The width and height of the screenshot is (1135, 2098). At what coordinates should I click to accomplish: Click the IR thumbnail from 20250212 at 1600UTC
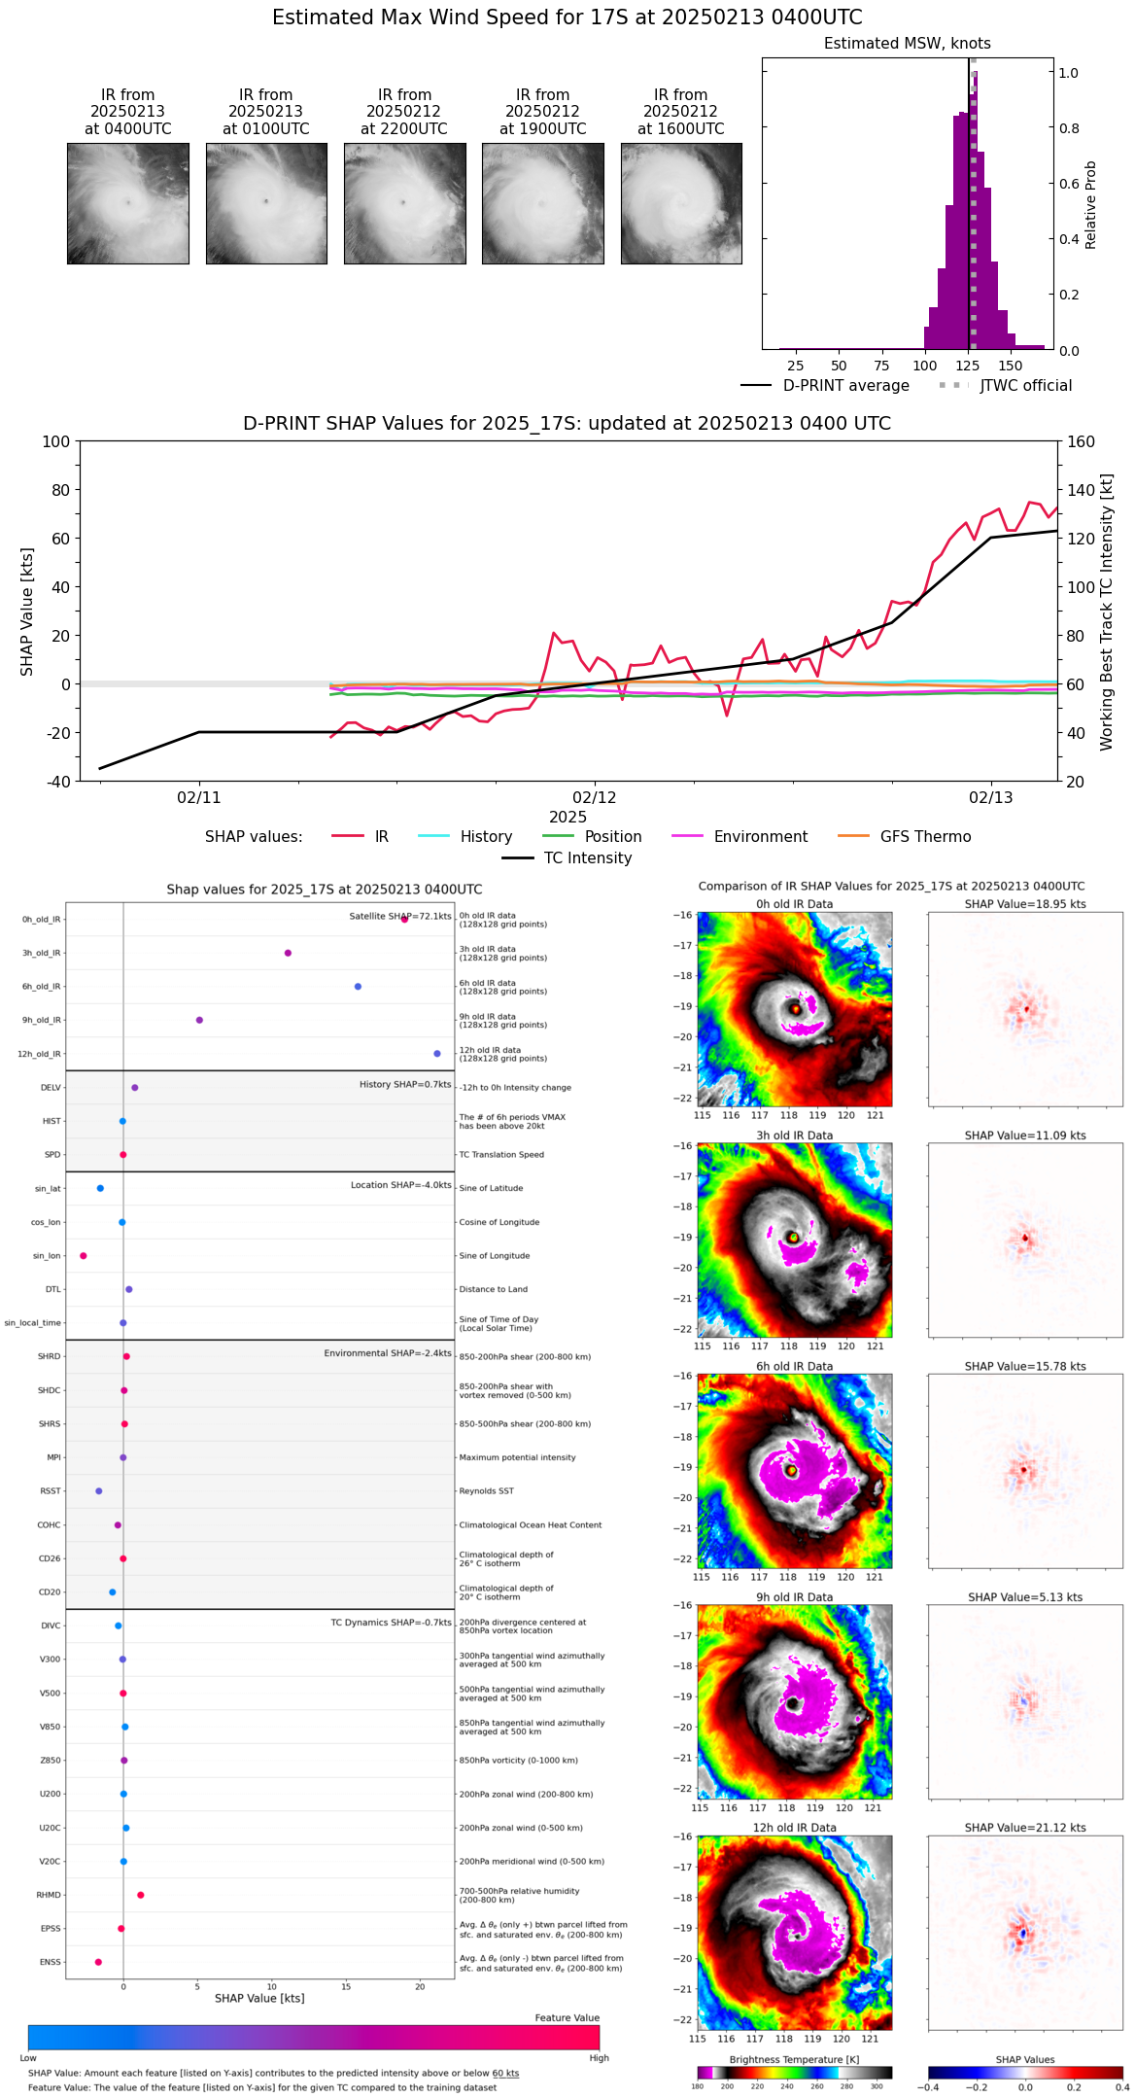click(681, 203)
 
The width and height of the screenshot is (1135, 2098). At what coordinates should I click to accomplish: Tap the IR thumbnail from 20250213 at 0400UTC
click(128, 203)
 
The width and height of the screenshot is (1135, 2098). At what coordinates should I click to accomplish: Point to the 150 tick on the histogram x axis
click(1011, 367)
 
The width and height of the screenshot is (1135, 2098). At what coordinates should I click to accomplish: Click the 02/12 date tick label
click(595, 798)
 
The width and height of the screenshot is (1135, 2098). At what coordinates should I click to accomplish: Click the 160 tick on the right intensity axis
click(1082, 442)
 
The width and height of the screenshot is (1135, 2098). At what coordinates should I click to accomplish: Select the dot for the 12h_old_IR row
click(437, 1054)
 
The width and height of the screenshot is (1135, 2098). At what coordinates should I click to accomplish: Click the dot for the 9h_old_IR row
click(199, 1020)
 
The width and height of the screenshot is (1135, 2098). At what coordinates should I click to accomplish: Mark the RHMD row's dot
click(141, 1895)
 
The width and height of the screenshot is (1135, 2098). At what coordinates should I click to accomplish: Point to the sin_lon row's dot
click(84, 1256)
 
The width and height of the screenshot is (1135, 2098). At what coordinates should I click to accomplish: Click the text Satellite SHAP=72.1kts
click(399, 917)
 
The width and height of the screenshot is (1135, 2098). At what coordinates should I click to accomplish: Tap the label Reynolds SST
click(486, 1491)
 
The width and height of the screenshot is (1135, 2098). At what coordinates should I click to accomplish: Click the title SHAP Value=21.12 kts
click(1025, 1828)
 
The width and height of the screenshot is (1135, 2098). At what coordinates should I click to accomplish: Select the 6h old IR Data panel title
click(794, 1366)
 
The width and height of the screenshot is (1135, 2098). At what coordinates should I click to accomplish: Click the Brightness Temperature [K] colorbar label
click(794, 2059)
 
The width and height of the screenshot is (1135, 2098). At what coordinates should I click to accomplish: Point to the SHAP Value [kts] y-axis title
click(27, 612)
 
